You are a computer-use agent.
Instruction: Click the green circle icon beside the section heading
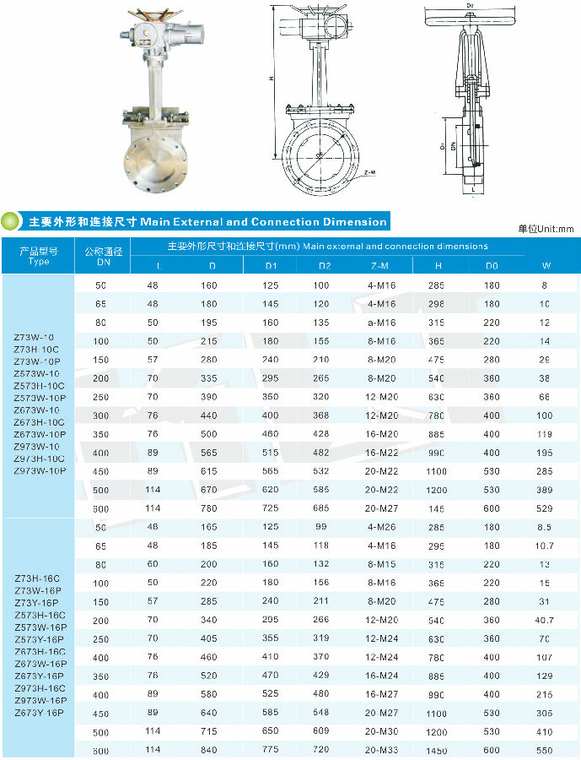pos(11,221)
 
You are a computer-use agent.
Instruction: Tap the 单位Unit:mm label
pos(545,229)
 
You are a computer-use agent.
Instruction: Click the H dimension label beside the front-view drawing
pos(272,79)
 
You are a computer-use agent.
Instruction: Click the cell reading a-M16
pos(381,323)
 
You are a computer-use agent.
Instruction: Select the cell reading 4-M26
pos(381,527)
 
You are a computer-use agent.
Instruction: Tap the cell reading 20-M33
pos(381,750)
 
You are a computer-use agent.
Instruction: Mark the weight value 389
pos(544,490)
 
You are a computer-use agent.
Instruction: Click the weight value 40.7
pos(544,620)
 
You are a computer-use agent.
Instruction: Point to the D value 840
pos(207,750)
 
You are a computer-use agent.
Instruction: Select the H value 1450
pos(437,750)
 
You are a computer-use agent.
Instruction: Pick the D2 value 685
pos(323,508)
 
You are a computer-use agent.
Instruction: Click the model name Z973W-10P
pos(39,470)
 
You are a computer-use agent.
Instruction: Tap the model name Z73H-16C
pos(39,578)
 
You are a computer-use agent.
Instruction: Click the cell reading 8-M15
pos(381,564)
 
